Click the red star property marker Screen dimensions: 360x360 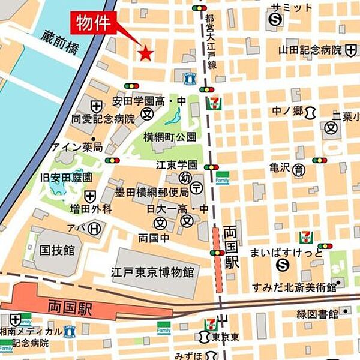(146, 54)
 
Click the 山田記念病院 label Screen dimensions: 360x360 (310, 50)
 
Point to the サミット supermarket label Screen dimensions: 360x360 (292, 7)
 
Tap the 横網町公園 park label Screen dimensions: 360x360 (169, 136)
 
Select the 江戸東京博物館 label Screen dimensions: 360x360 (152, 272)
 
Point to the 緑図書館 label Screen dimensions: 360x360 (317, 313)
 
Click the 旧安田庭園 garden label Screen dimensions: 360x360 (66, 178)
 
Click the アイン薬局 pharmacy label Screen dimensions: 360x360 (77, 147)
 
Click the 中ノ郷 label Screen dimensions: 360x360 (289, 111)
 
